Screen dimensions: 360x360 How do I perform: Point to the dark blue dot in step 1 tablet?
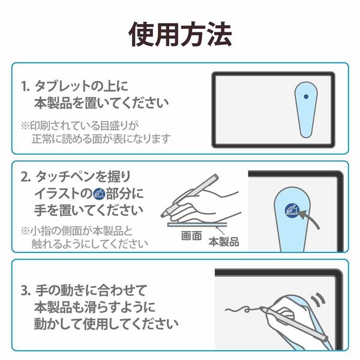click(x=307, y=96)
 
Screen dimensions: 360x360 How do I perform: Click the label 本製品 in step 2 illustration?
click(x=224, y=241)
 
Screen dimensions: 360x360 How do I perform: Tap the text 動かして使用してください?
click(x=105, y=325)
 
